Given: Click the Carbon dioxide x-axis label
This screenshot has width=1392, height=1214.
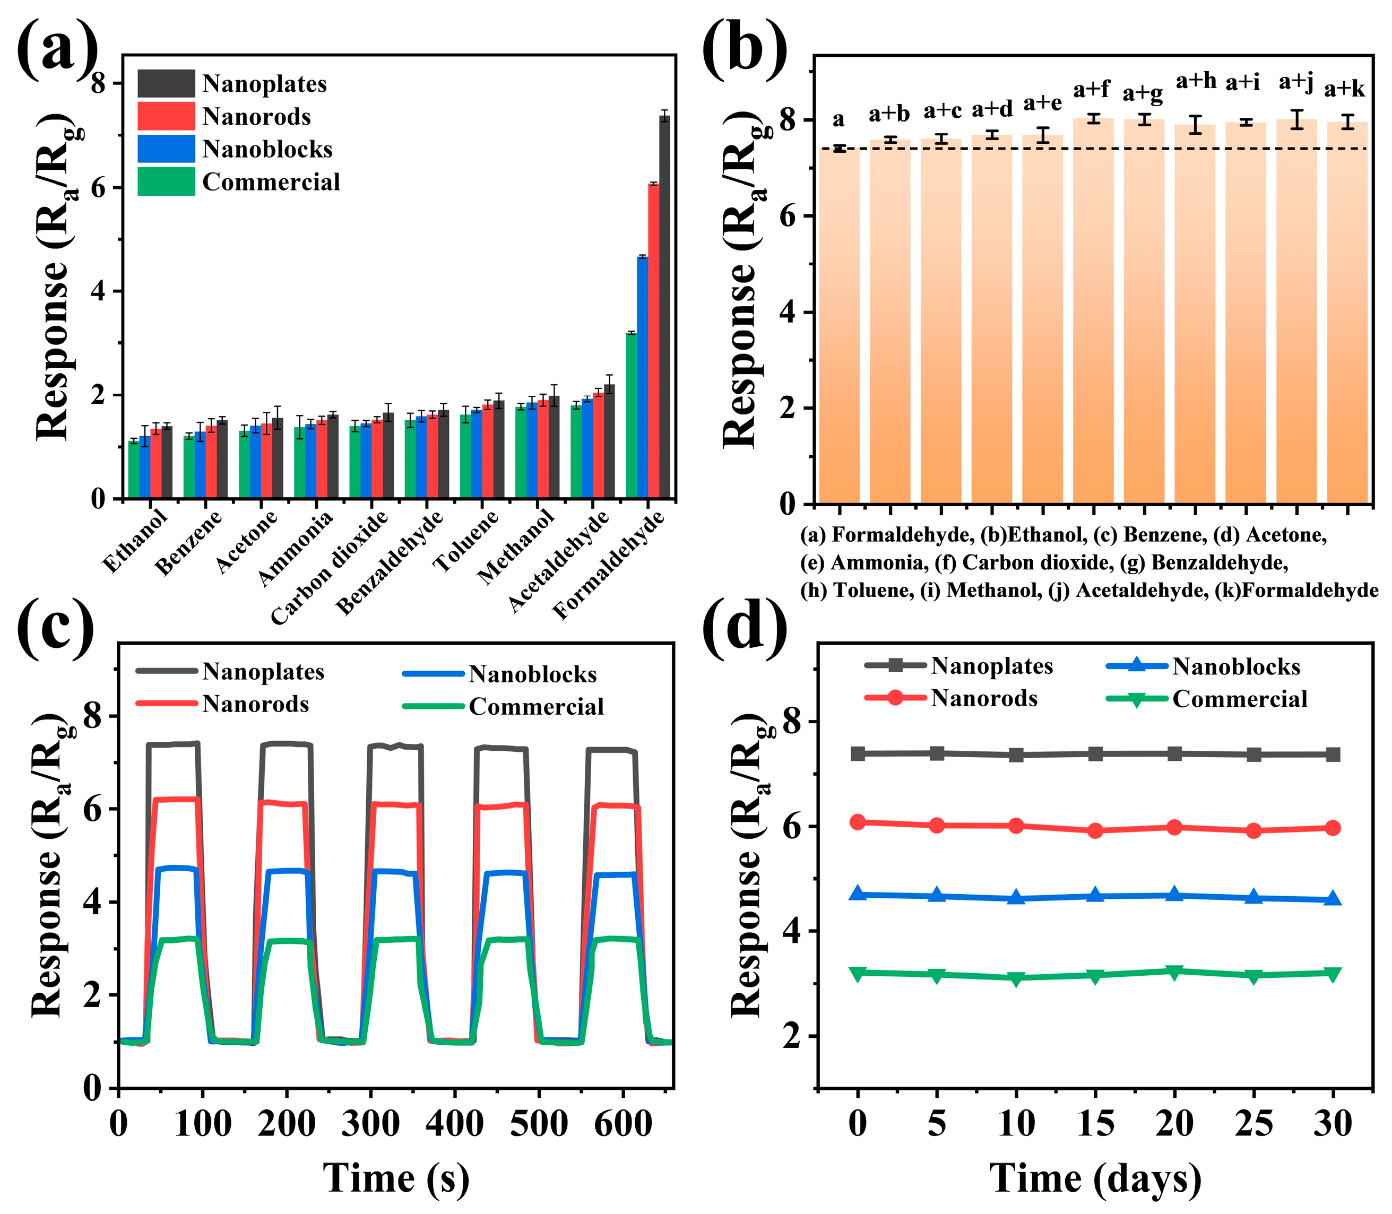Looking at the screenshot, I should [330, 567].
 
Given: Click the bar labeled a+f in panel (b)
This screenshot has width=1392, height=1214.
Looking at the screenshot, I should [1093, 311].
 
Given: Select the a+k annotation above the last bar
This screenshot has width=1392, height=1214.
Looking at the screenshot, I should [1345, 89].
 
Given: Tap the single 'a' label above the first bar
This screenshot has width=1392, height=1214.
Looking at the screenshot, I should [838, 119].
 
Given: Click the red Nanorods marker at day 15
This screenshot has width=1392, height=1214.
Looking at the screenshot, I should [1095, 830].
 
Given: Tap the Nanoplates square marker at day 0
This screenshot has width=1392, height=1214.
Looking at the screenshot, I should [858, 753].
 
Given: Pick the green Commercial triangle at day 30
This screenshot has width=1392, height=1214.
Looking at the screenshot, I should [1333, 974].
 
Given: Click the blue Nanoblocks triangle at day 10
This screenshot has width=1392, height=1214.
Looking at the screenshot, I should [1016, 898].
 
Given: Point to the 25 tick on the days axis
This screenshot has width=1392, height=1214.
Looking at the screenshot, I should [1253, 1124].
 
